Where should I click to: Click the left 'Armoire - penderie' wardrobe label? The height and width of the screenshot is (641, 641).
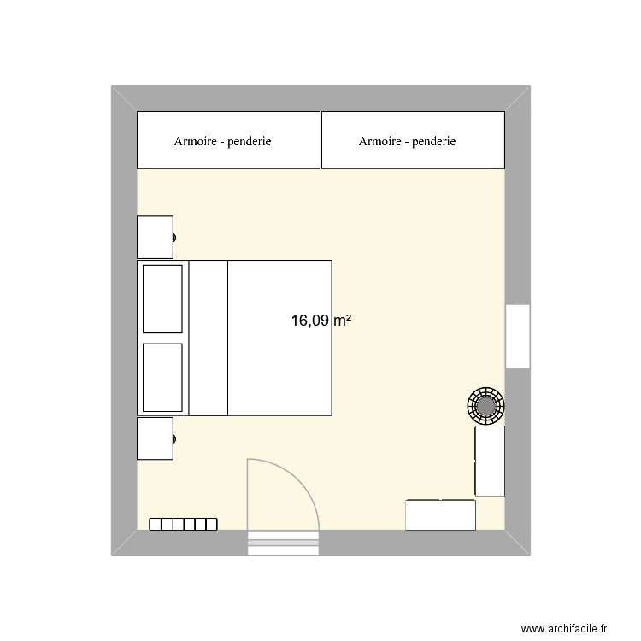(222, 142)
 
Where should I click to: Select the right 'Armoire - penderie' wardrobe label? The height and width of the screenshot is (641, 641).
(408, 142)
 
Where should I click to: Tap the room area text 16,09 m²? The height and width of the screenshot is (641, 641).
(321, 321)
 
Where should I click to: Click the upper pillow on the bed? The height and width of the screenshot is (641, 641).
(162, 298)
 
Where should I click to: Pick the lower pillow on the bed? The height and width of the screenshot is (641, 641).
(162, 377)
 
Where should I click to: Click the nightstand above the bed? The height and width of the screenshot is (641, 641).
(155, 236)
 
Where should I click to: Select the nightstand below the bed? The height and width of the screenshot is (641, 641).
(155, 438)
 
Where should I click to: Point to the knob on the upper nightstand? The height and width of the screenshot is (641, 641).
(174, 237)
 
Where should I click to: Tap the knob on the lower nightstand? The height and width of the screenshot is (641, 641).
(174, 438)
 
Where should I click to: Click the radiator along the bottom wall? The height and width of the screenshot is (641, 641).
(183, 524)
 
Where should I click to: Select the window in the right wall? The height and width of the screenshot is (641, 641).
(517, 336)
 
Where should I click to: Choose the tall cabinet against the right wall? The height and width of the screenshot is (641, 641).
(490, 461)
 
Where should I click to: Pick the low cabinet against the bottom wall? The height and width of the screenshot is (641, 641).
(440, 515)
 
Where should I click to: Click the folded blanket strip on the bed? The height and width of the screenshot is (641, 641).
(208, 338)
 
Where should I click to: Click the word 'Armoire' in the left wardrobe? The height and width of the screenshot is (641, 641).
(195, 142)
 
